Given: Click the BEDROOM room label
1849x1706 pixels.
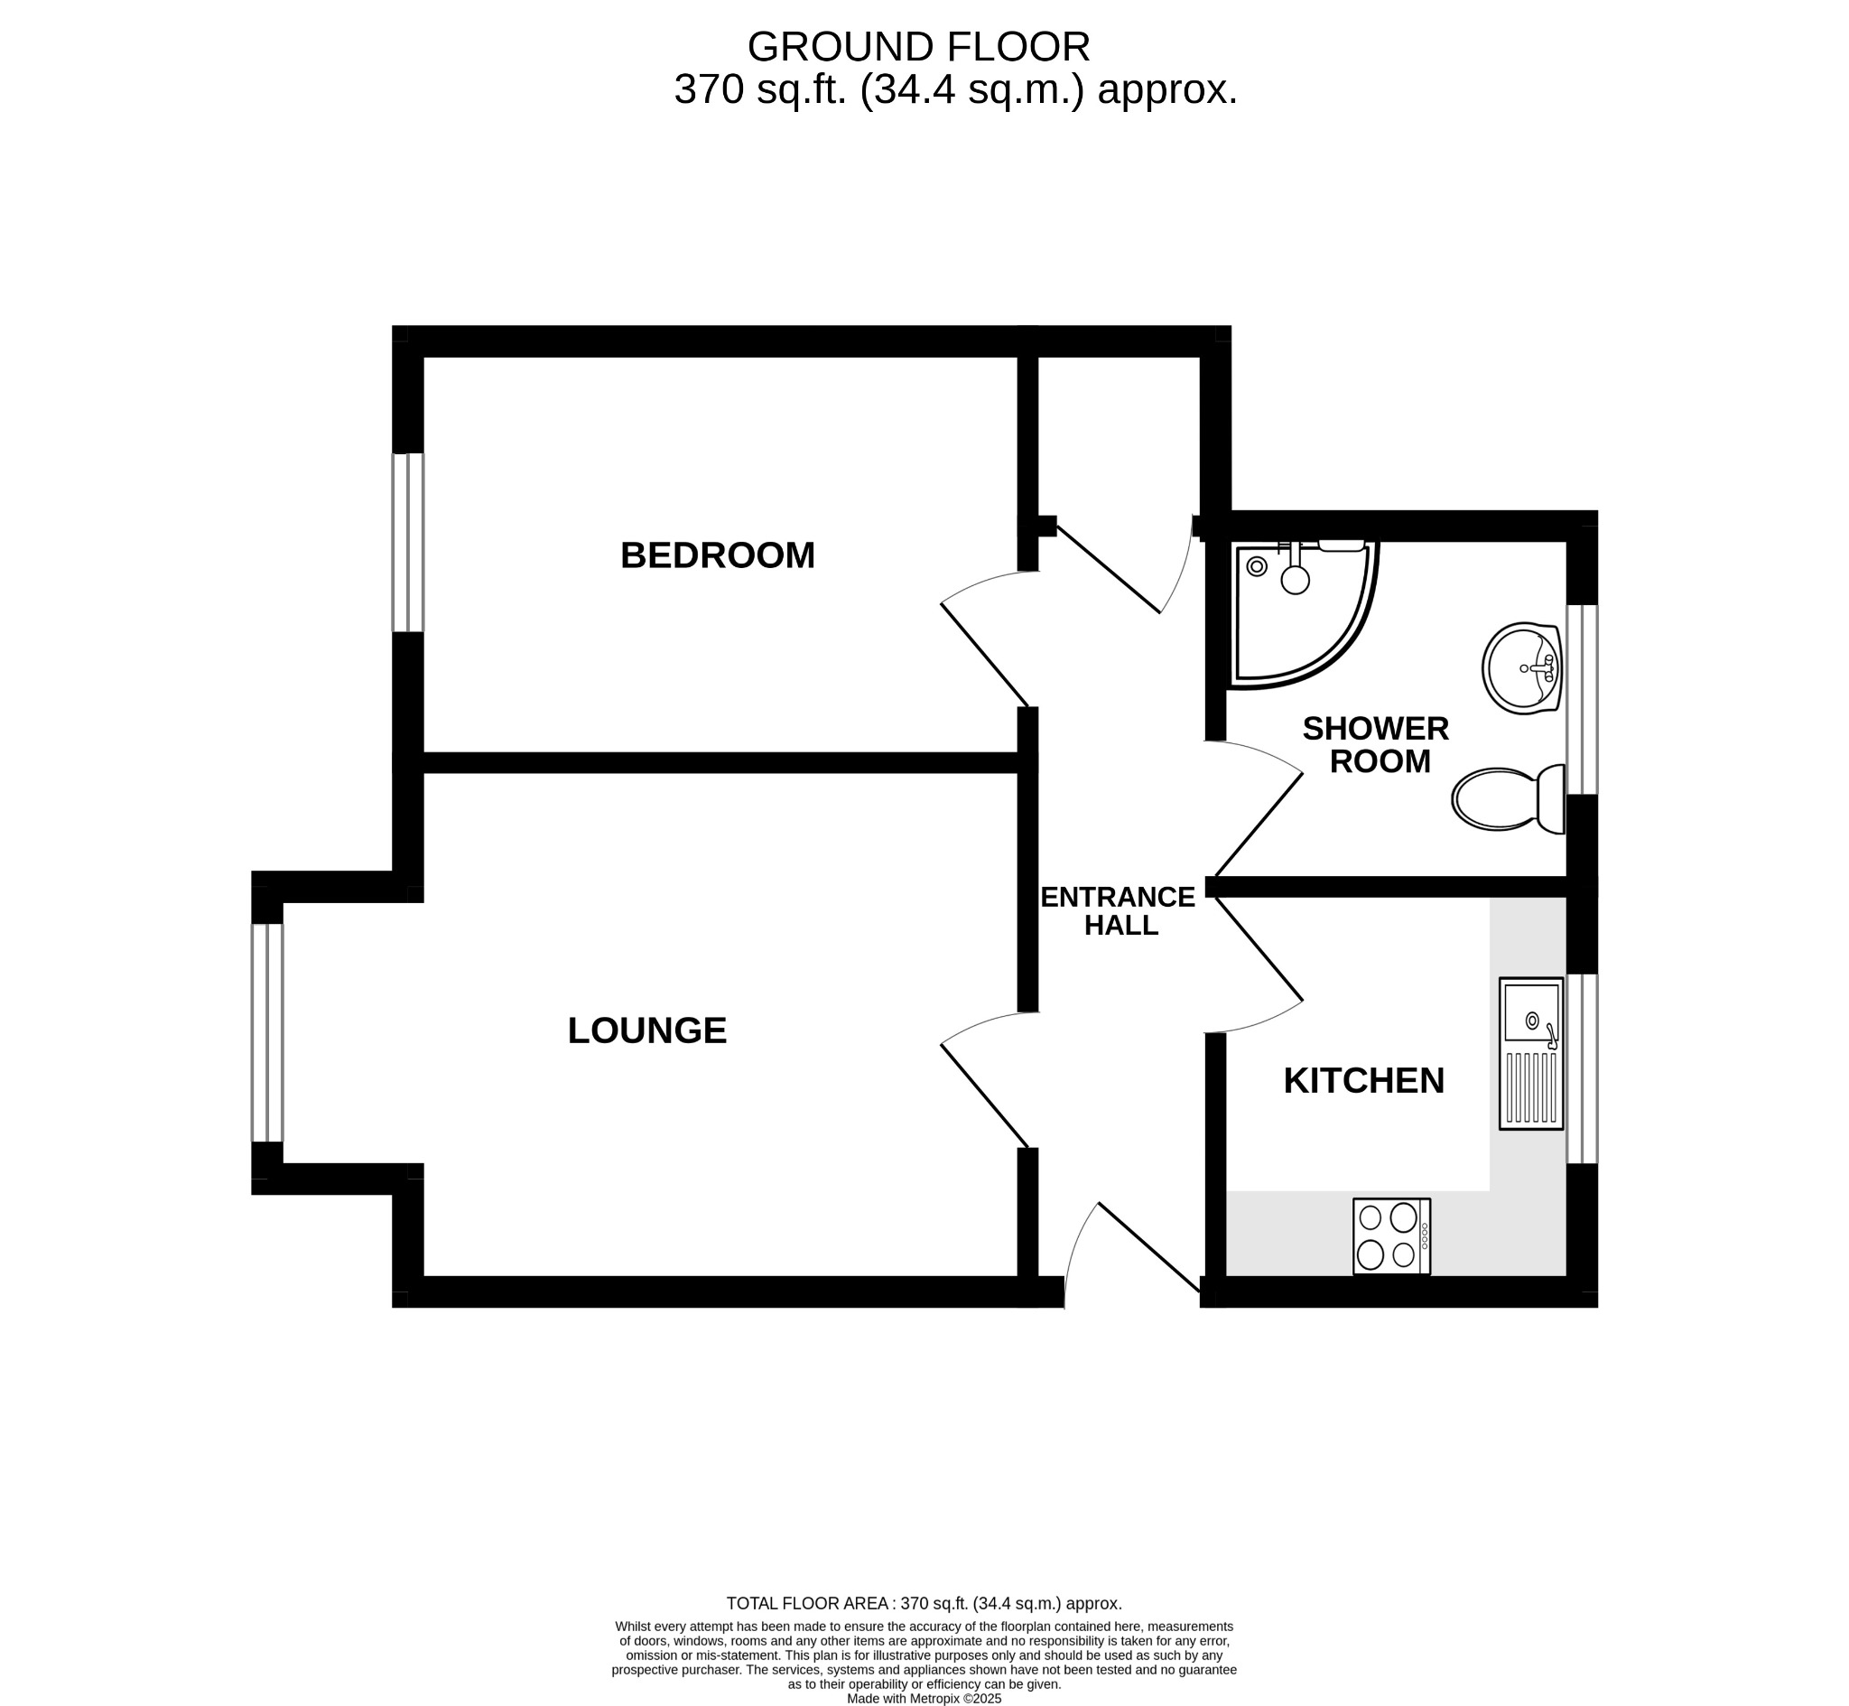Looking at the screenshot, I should pos(717,555).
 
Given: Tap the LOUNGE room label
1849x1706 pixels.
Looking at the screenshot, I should pos(646,1030).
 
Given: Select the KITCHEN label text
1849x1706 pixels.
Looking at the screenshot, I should pos(1362,1080).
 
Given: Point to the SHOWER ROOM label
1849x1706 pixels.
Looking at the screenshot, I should pos(1376,745).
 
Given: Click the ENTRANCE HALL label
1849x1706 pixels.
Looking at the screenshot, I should pos(1118,911).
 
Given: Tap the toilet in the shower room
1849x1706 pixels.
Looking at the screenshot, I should pos(1507,799).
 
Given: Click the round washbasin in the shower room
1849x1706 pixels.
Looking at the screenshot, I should pos(1520,669).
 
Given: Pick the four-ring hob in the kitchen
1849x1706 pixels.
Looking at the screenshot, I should pos(1390,1236).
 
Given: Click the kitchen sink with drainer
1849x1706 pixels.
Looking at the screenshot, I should pos(1530,1052).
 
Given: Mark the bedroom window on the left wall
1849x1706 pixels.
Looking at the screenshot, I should pos(408,543).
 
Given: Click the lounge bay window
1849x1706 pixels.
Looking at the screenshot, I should pos(267,1033).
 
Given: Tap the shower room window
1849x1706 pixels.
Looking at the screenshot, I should pos(1582,700).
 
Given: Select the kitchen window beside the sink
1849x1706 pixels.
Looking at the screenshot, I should pos(1582,1069).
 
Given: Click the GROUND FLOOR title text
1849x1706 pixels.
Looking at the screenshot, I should pos(918,46).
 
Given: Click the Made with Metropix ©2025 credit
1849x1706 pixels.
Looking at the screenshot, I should pos(924,1699).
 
